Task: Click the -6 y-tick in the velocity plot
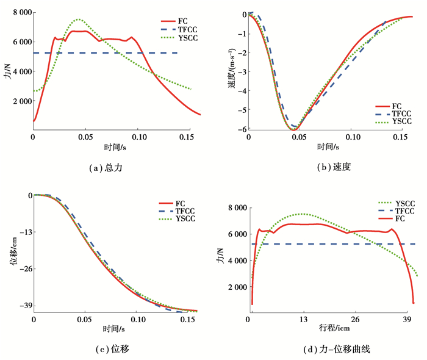(242, 129)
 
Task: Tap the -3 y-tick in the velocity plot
(242, 72)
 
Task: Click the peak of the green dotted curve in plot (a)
(78, 20)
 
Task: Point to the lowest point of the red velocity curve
(293, 130)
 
